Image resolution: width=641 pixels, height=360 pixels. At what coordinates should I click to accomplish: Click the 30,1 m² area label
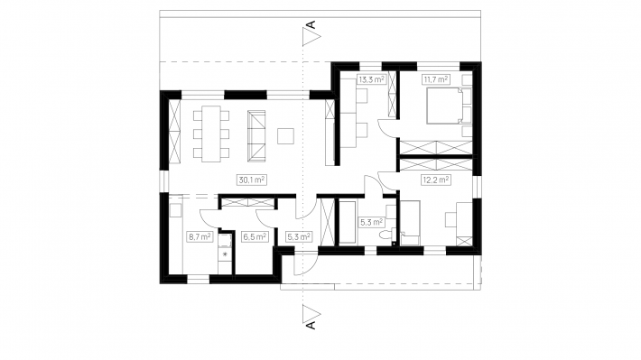coord(251,180)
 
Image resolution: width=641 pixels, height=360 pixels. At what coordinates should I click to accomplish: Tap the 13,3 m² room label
coord(372,79)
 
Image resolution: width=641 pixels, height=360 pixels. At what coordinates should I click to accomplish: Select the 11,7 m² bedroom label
coord(435,79)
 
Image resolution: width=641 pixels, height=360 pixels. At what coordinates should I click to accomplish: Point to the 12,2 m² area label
coord(436,180)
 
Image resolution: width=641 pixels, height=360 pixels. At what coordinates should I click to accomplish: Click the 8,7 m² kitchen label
coord(200,236)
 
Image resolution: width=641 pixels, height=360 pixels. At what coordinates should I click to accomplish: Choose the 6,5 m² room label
coord(255,236)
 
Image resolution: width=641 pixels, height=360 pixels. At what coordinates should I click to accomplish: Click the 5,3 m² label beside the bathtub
coord(372,222)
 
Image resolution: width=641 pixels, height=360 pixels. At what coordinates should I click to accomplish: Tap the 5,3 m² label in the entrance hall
coord(299,236)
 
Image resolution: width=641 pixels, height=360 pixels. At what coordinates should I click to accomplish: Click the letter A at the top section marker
coord(311,24)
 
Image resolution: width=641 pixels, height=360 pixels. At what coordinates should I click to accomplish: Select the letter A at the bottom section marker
coord(311,326)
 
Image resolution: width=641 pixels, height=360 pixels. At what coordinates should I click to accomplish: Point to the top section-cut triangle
coord(311,36)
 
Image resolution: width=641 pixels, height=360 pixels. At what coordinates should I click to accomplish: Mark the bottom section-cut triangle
coord(311,314)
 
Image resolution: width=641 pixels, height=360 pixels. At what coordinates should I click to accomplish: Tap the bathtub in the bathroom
coord(348,222)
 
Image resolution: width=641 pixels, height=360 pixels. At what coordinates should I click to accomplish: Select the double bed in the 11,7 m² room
coord(445,106)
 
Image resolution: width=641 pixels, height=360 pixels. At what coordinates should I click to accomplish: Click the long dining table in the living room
coord(211,134)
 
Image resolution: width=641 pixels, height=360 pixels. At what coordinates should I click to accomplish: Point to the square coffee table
coord(285,136)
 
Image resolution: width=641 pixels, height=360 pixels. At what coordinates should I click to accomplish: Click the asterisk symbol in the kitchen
coord(225,254)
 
